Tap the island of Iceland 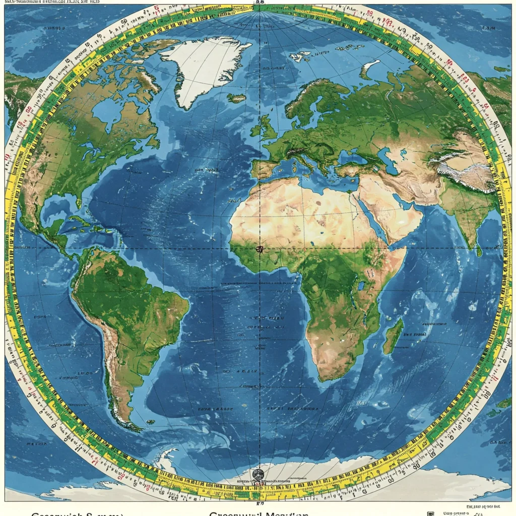point(236,98)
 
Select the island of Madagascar point(393,336)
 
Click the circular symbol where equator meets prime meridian point(260,249)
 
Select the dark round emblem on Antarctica point(258,474)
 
